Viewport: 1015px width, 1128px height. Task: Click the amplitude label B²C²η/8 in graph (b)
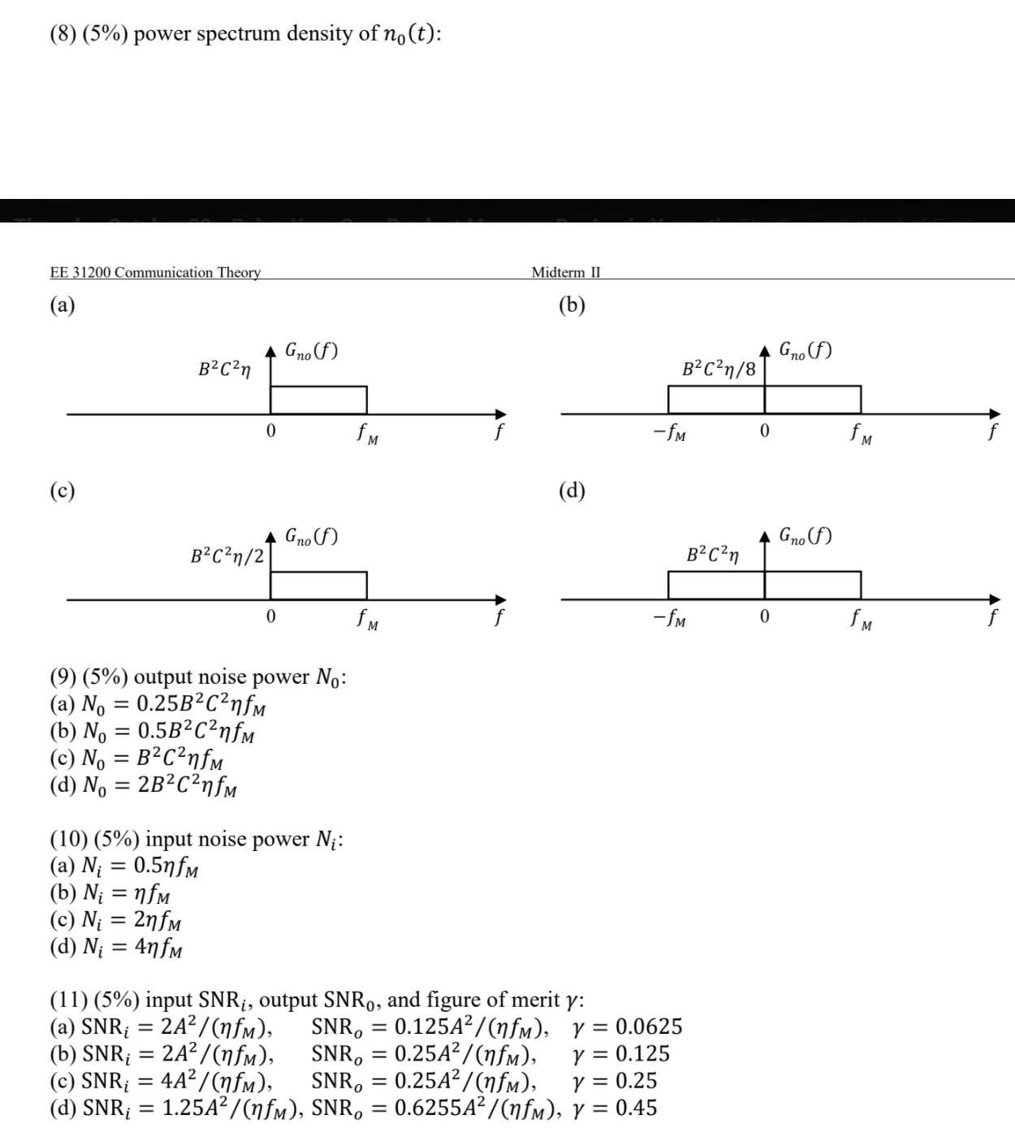719,369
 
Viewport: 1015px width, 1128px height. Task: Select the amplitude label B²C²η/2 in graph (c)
227,556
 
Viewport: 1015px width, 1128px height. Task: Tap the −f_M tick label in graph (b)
669,433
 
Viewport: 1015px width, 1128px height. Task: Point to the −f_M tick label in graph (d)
669,619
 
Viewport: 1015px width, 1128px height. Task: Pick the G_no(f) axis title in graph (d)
805,535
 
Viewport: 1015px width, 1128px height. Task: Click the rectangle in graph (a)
318,400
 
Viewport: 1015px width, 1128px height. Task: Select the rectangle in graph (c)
318,586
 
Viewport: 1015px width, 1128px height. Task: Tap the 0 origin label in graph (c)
270,617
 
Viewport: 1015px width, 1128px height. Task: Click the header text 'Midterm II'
566,272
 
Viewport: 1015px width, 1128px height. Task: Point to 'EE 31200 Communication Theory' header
155,272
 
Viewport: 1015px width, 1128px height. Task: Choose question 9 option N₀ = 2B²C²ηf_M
144,786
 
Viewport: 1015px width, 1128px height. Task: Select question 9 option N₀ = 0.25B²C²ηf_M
158,704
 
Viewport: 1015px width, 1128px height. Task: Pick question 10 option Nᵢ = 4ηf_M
116,947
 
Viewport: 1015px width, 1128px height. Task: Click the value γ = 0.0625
627,1026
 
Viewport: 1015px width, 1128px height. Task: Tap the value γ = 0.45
614,1108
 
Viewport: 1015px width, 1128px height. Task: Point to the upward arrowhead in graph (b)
764,351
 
